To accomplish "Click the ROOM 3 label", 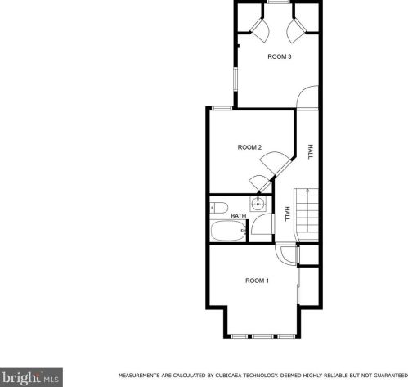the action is (x=280, y=56).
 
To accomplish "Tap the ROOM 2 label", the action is (x=249, y=147).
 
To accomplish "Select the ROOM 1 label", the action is (x=257, y=281).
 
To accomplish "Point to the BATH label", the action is (x=239, y=216).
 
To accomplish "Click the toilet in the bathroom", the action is (x=219, y=208).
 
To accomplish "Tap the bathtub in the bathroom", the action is (x=228, y=231).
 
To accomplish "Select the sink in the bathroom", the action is (x=258, y=204).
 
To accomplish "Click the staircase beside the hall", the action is (x=306, y=215).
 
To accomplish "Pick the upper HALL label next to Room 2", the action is (x=310, y=151).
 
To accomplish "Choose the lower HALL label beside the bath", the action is (x=287, y=214).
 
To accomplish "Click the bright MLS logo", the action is (x=31, y=377).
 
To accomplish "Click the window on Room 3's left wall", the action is (x=235, y=79).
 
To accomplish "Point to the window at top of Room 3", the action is (x=278, y=2).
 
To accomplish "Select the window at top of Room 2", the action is (x=222, y=108).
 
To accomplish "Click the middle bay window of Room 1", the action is (x=262, y=336).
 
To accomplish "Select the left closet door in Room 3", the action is (x=260, y=30).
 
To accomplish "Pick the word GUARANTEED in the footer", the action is (x=391, y=376).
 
